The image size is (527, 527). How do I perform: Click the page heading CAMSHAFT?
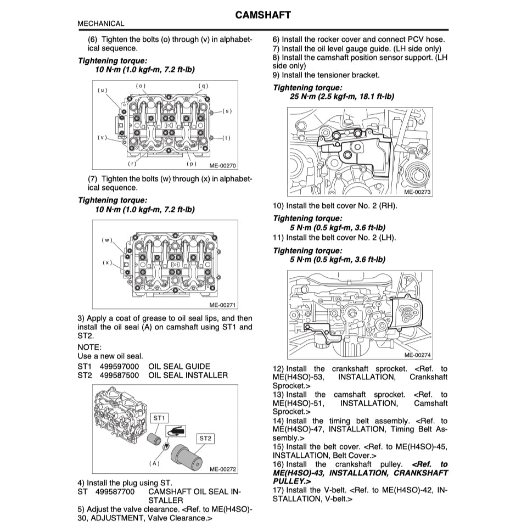[x=263, y=14]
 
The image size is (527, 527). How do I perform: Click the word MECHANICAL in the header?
[x=101, y=24]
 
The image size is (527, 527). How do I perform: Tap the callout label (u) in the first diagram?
[x=103, y=89]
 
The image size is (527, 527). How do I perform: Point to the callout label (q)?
[x=204, y=86]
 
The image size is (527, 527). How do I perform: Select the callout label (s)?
[x=227, y=111]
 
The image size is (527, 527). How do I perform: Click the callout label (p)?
[x=191, y=164]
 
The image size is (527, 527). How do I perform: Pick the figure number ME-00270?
[x=222, y=165]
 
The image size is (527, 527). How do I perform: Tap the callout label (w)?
[x=107, y=240]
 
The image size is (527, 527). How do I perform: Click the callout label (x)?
[x=107, y=262]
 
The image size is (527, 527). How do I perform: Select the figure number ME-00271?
[x=222, y=305]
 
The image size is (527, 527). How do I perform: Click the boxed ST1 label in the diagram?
[x=159, y=418]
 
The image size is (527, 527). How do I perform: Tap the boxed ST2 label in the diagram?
[x=205, y=438]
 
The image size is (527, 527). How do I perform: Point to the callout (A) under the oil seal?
[x=154, y=463]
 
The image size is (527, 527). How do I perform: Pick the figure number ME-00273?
[x=417, y=192]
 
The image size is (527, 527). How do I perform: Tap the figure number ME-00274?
[x=417, y=355]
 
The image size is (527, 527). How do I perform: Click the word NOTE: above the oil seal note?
[x=89, y=347]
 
